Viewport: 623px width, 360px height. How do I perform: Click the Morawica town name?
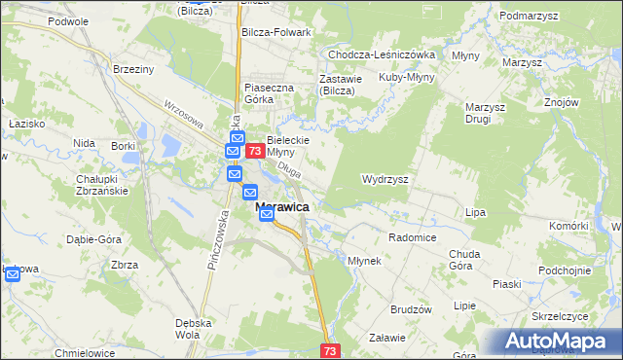pos(283,207)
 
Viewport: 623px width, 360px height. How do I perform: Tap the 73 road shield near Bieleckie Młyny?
pos(254,152)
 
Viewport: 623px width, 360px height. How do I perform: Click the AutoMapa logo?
pos(561,342)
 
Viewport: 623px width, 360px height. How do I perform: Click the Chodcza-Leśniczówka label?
pos(382,55)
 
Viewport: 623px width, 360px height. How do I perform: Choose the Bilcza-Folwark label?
pos(275,32)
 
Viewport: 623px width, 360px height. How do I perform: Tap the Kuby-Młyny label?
pos(406,77)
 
